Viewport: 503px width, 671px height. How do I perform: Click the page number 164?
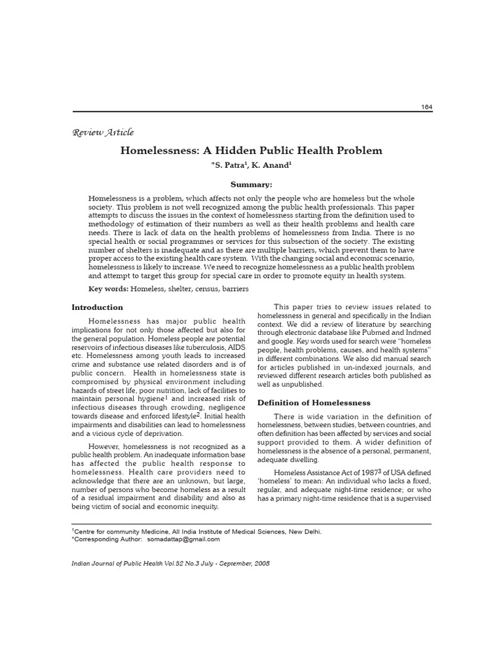coord(426,107)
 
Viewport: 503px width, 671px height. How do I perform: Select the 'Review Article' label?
coord(102,132)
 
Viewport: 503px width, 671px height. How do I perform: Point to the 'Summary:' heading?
coord(251,185)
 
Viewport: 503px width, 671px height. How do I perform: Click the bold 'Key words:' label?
coord(109,288)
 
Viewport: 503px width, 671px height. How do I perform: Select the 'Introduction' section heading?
coord(97,307)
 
